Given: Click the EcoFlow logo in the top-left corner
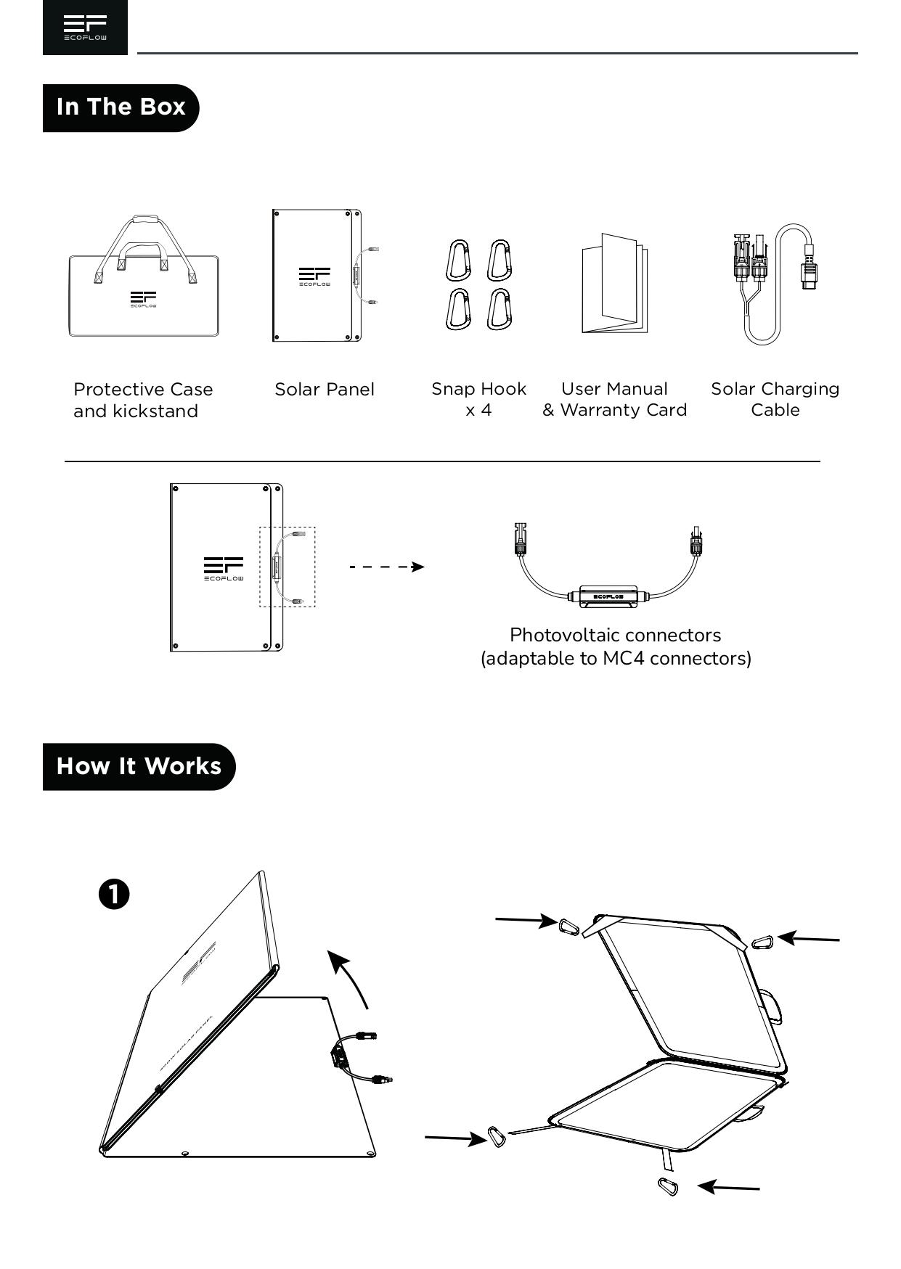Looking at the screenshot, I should pos(85,28).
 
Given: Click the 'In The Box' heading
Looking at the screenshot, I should pos(121,107).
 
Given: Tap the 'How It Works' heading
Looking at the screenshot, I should pos(139,766).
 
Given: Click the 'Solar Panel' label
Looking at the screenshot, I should pos(325,390).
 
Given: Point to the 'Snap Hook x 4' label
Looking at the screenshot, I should pos(478,399).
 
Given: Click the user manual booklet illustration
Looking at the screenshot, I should pos(614,284).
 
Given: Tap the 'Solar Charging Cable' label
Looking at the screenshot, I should pos(775,399).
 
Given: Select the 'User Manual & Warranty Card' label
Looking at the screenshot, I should pos(614,399).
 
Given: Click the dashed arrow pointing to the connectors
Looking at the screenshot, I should pos(387,567).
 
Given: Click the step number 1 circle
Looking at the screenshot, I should pos(114,894).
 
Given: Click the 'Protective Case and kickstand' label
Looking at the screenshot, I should pos(143,400).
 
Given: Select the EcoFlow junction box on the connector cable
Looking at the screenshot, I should pos(608,596).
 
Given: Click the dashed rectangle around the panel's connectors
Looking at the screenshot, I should pos(288,567).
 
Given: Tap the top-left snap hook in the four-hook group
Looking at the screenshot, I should pos(458,260).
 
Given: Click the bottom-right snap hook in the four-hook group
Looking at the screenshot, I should pos(499,309).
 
